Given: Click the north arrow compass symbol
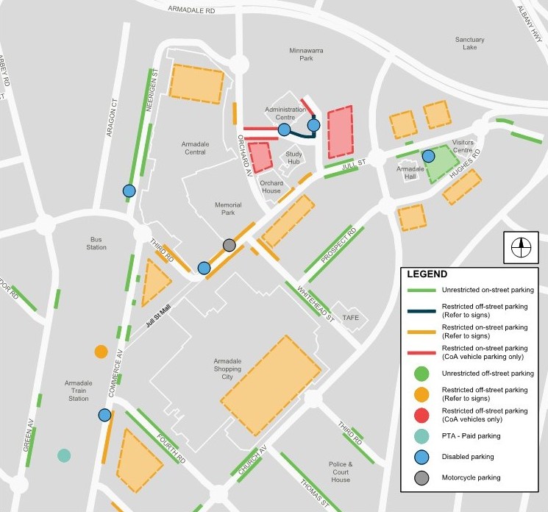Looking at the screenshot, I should coord(521,248).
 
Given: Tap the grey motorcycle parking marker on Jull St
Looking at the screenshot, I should coord(229,245).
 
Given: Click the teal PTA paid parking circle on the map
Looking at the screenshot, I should coord(64,455).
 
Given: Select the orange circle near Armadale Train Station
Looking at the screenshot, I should coord(101,352).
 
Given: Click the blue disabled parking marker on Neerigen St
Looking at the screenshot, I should coord(129,191).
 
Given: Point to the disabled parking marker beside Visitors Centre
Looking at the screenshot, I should coord(428,156).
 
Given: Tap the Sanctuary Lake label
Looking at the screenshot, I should coord(469,43).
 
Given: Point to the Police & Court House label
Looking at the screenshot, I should coord(341,472).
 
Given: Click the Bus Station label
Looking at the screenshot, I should coord(96,243).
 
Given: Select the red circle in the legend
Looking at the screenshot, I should coord(422,415).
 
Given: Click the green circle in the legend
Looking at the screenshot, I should coord(422,374).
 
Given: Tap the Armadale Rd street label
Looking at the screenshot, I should coord(191,10).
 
